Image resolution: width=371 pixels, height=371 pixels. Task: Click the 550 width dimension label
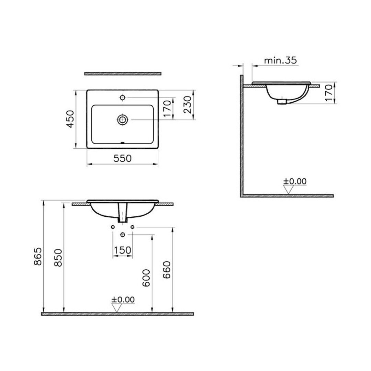(122, 158)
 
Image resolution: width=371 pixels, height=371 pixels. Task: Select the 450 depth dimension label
(71, 119)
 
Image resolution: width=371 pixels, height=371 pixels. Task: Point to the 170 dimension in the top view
(167, 109)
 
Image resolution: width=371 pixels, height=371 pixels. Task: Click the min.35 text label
(280, 60)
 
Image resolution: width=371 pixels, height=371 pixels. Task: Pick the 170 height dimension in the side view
(329, 93)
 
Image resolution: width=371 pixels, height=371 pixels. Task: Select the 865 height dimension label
(38, 257)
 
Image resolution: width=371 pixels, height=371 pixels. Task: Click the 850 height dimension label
(58, 258)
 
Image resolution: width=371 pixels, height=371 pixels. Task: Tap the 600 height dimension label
(146, 278)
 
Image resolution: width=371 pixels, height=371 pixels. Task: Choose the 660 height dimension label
(167, 270)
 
